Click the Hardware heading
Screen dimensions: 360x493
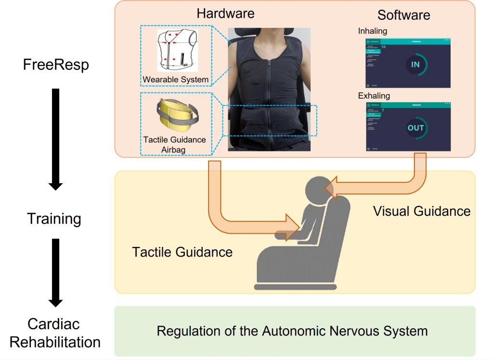(x=225, y=13)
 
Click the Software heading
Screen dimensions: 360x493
(x=403, y=15)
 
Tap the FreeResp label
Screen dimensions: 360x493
(x=56, y=64)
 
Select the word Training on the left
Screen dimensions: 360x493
(x=54, y=219)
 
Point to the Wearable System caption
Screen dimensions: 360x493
(x=176, y=79)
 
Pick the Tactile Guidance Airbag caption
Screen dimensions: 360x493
(x=175, y=144)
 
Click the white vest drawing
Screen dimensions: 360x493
(x=177, y=50)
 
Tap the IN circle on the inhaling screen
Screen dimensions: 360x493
(x=415, y=64)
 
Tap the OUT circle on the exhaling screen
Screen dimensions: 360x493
(x=415, y=128)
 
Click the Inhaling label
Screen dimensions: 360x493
(x=373, y=31)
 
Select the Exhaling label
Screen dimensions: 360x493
(x=374, y=96)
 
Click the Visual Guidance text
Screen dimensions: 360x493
(x=422, y=211)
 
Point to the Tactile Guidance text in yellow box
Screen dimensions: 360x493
(x=182, y=251)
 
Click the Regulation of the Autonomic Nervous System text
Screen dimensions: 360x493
(x=292, y=331)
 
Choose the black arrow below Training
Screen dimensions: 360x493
(x=56, y=272)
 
